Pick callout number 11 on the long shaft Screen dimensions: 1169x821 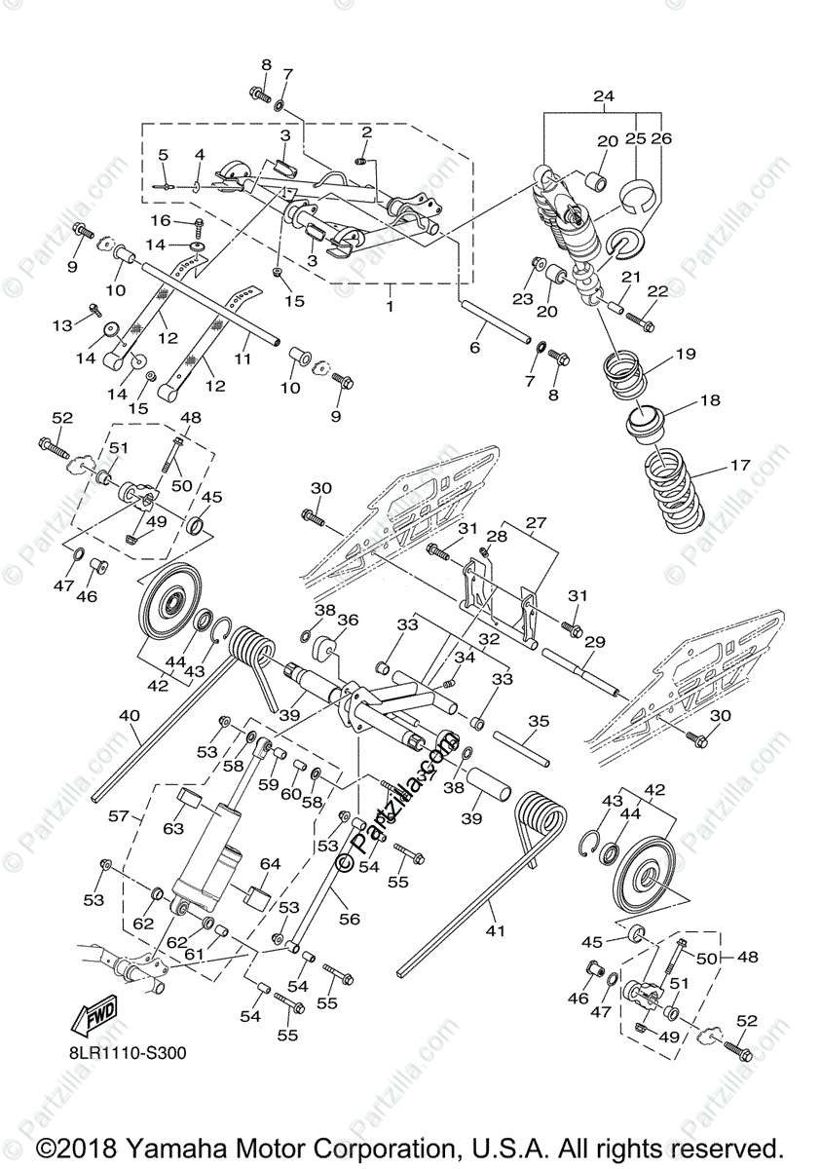tap(243, 358)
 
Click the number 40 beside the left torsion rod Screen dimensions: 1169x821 tap(129, 716)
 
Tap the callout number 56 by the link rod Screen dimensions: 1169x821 tap(348, 918)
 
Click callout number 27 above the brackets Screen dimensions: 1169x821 tap(538, 523)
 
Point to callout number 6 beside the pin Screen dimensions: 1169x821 tap(475, 348)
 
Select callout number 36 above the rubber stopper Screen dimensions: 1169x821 tap(348, 620)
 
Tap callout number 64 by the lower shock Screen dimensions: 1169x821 tap(270, 864)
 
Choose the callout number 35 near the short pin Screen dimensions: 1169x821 tap(538, 722)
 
